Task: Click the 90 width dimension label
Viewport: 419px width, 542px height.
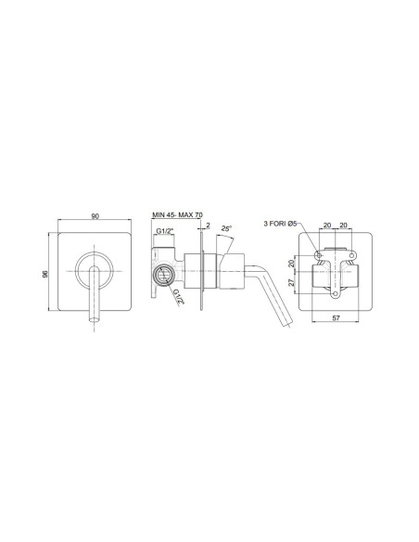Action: (95, 216)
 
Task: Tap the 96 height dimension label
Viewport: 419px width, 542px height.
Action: (44, 274)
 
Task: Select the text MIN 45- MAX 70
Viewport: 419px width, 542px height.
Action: (177, 214)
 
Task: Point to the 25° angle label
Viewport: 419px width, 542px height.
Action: (226, 228)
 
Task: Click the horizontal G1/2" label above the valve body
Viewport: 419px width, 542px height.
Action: (164, 230)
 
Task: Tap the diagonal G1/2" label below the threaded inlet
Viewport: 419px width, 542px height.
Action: (179, 297)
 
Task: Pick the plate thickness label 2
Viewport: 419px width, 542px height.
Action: (208, 225)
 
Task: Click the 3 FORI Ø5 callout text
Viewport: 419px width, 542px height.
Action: (280, 224)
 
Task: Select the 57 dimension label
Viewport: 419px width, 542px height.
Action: (336, 318)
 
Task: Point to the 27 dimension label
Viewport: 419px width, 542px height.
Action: (292, 282)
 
